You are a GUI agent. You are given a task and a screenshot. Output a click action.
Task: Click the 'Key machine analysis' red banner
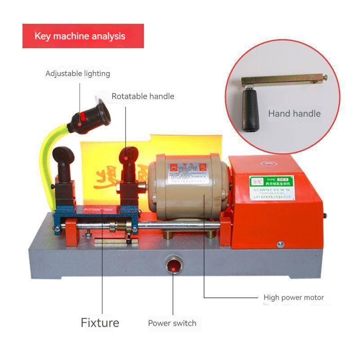coord(83,36)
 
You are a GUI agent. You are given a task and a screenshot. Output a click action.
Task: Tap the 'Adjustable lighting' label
coord(77,73)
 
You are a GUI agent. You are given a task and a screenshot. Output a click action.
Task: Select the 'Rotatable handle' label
coord(143,96)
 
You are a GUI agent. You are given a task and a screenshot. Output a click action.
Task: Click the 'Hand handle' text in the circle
coord(294,113)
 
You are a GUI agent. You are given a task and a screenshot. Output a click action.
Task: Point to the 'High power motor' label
coord(293,297)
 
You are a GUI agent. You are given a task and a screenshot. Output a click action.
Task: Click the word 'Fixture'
coord(100,322)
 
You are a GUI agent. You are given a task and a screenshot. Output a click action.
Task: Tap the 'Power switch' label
coord(172,323)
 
